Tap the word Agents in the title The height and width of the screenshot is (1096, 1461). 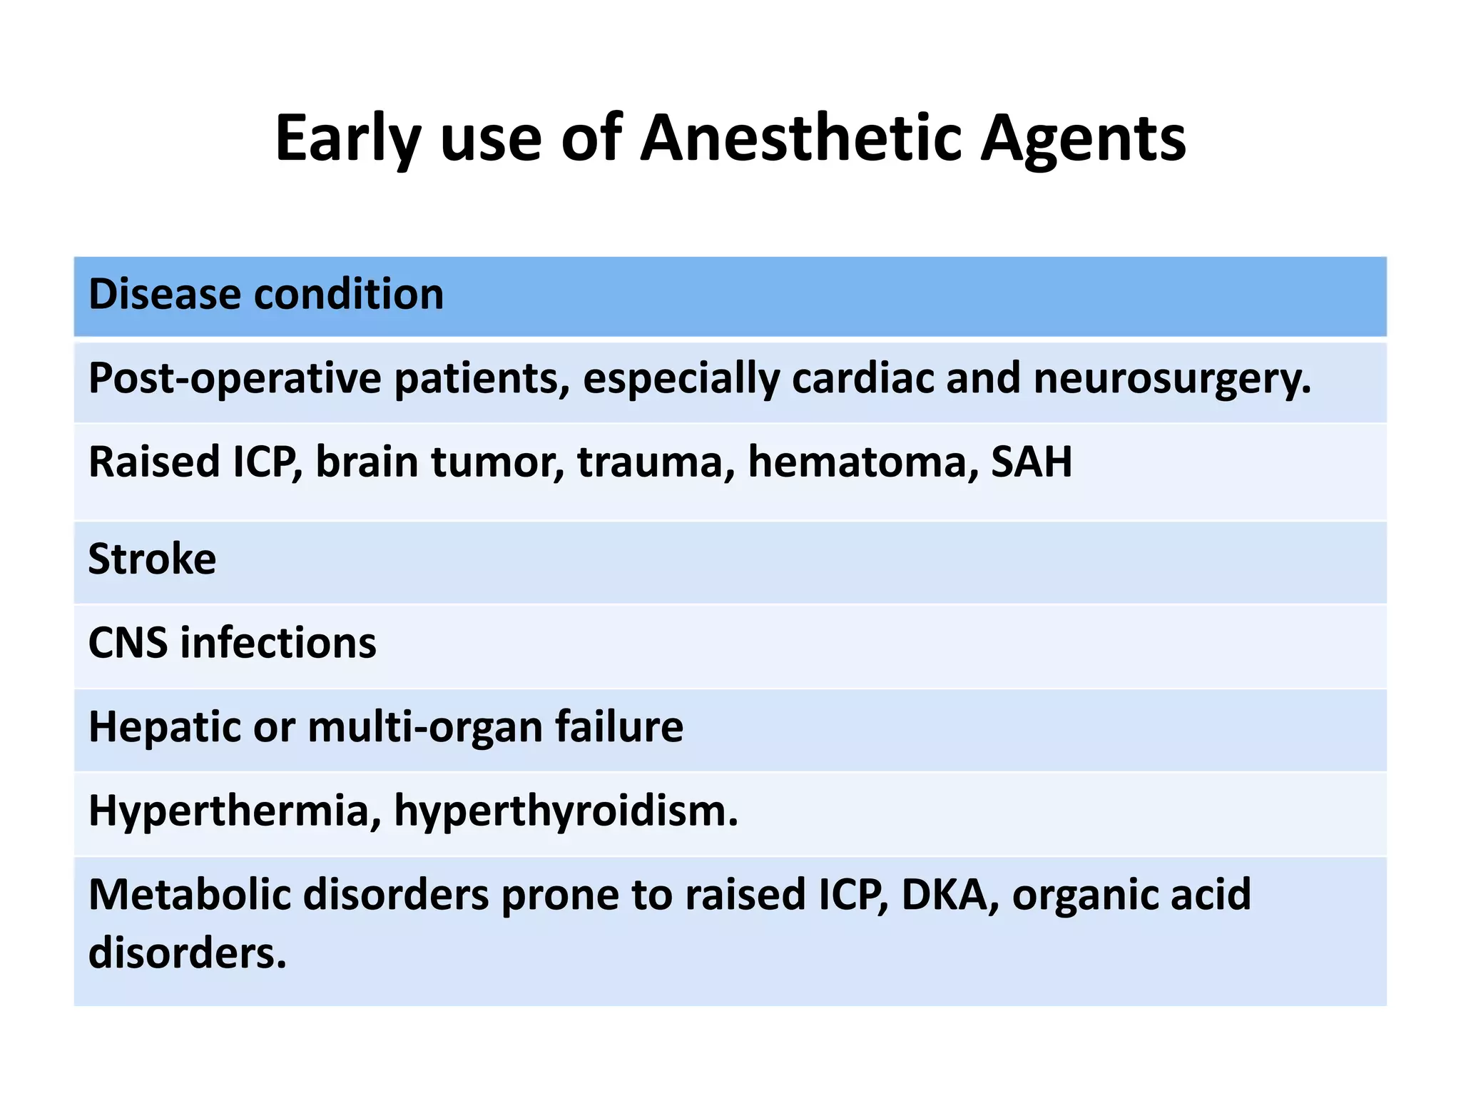[1083, 140]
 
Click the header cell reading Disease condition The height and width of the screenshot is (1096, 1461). [266, 294]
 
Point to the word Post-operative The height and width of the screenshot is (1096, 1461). [235, 378]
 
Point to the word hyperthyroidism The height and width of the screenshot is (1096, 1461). [566, 811]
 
